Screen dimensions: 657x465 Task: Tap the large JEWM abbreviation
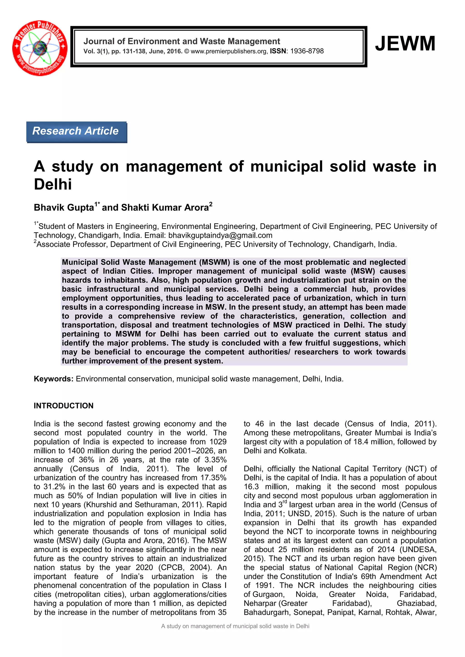pyautogui.click(x=405, y=44)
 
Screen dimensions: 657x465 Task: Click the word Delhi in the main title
pyautogui.click(x=53, y=184)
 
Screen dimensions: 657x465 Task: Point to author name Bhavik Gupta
pyautogui.click(x=64, y=207)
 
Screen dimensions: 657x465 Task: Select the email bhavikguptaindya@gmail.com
pyautogui.click(x=220, y=235)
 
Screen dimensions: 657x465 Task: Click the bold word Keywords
pyautogui.click(x=54, y=379)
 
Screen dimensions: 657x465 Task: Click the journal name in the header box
pyautogui.click(x=182, y=42)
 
